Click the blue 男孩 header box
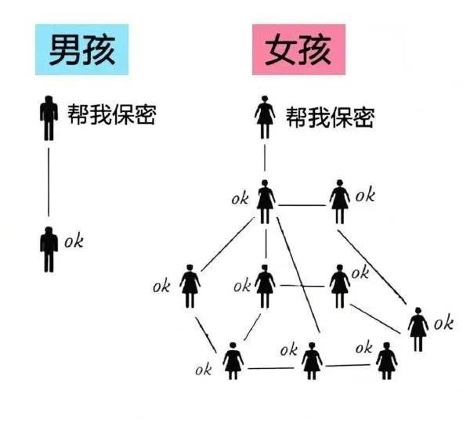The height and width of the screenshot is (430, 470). [x=81, y=49]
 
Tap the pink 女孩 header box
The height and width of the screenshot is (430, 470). [x=298, y=49]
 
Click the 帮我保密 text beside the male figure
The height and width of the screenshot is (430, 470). [x=111, y=114]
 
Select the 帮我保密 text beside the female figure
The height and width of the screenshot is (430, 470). [x=330, y=117]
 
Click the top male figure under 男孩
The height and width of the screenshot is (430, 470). [x=49, y=118]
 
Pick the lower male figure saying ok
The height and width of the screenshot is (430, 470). [x=49, y=249]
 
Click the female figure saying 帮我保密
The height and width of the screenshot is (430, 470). [x=265, y=117]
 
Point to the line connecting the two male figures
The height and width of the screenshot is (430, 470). [x=49, y=182]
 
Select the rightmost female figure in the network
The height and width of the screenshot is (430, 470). [x=418, y=329]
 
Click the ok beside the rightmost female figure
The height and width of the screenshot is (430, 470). [x=443, y=323]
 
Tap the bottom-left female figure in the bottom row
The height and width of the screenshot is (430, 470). [x=233, y=361]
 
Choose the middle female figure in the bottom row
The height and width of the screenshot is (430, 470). [x=312, y=361]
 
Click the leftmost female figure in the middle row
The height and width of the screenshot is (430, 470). [x=190, y=286]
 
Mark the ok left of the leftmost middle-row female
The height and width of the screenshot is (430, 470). [x=161, y=286]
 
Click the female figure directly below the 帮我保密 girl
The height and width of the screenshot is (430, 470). [x=265, y=201]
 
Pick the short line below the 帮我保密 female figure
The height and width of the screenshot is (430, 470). [x=265, y=158]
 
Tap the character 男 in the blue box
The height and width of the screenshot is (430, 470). [x=64, y=50]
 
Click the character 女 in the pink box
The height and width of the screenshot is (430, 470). [x=280, y=50]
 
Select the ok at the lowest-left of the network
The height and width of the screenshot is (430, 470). [x=204, y=369]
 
